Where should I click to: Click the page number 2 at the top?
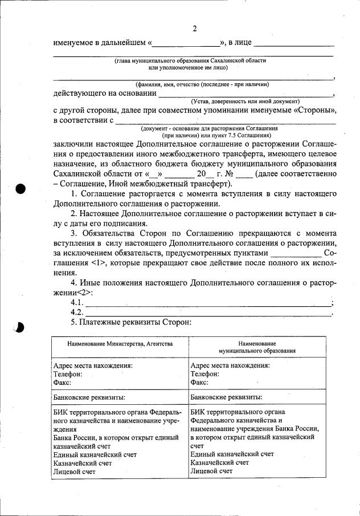[x=194, y=29]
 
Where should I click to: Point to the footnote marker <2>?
[x=82, y=292]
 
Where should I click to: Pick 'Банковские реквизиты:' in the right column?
[x=226, y=396]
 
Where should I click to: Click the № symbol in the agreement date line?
[x=228, y=174]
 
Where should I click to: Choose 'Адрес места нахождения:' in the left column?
[x=93, y=365]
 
